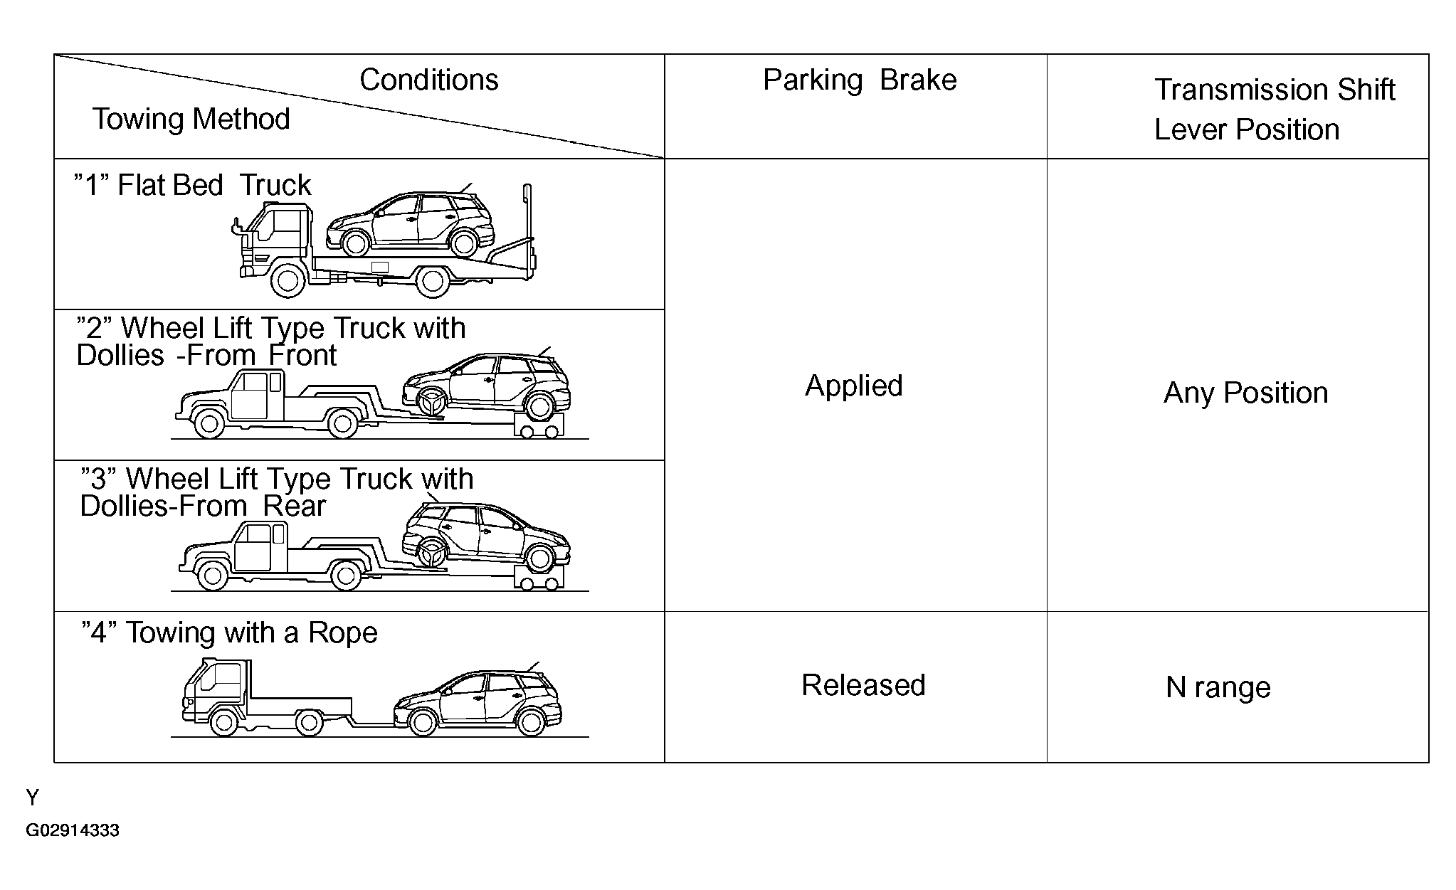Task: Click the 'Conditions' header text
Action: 428,80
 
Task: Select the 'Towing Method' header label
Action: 191,119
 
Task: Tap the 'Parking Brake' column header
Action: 859,80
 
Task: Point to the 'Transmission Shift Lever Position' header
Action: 1273,110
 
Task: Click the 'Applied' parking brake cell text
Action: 853,386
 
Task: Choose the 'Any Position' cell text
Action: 1245,393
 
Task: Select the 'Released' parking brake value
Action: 862,685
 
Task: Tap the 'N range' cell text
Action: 1218,687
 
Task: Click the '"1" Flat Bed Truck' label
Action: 193,185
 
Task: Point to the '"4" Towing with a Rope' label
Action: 229,632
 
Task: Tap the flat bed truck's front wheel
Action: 287,282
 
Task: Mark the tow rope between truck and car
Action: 372,724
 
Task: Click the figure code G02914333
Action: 73,830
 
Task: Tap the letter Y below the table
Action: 32,798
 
